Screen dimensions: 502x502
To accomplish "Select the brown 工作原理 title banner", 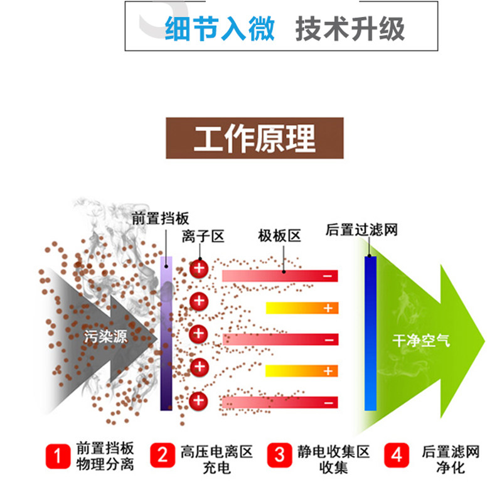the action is (x=254, y=137).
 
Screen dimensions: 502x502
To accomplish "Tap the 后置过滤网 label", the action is (x=362, y=230).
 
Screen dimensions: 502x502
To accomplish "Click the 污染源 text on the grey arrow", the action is (x=105, y=337).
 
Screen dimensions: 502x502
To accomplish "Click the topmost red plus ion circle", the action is (x=199, y=269).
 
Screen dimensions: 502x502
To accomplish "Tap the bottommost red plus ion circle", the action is (x=199, y=400).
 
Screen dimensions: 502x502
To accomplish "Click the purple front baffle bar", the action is (x=166, y=333).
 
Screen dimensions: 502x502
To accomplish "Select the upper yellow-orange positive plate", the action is (x=302, y=308).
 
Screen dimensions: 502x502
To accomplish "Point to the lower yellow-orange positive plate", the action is (x=302, y=371).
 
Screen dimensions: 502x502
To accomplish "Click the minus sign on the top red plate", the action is (x=328, y=276).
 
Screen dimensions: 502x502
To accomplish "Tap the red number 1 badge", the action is (x=58, y=457).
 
